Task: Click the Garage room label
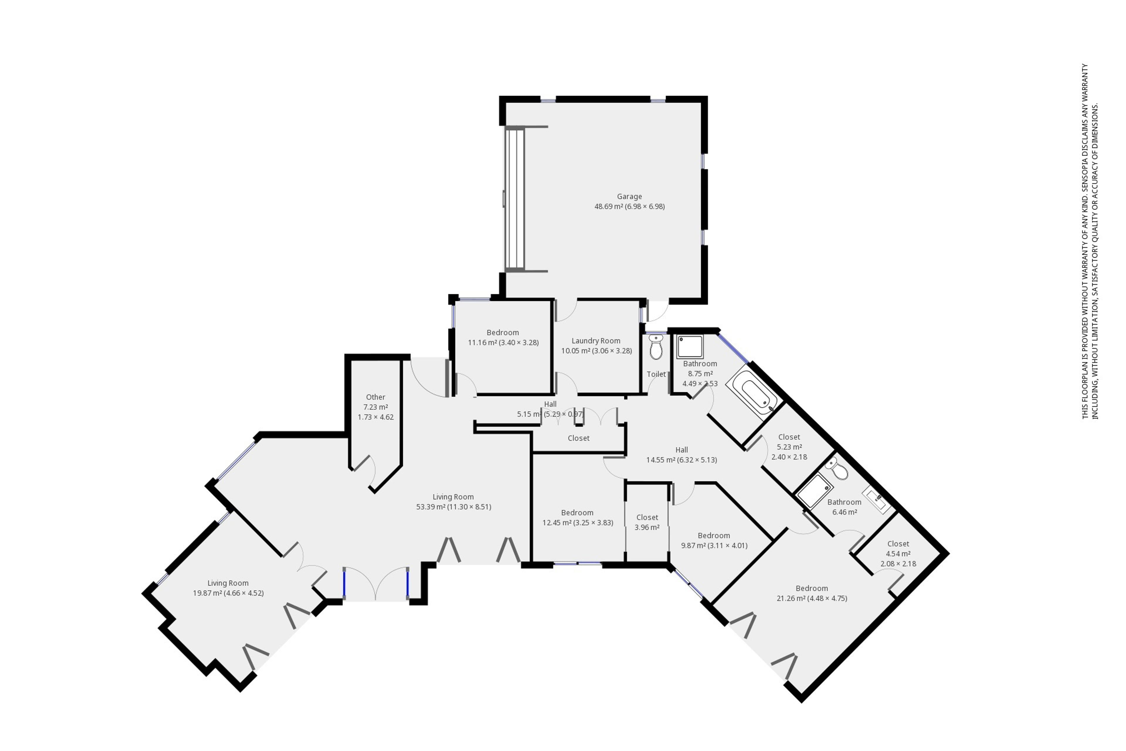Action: [629, 196]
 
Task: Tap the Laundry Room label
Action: [596, 341]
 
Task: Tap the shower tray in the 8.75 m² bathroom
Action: [690, 347]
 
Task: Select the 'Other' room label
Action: [375, 397]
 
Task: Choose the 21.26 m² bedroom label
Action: [811, 588]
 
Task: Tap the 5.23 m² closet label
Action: [789, 437]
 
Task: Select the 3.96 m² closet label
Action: [647, 517]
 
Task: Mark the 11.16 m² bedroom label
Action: [503, 332]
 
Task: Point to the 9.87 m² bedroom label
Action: [714, 535]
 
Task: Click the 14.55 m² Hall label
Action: [682, 450]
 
